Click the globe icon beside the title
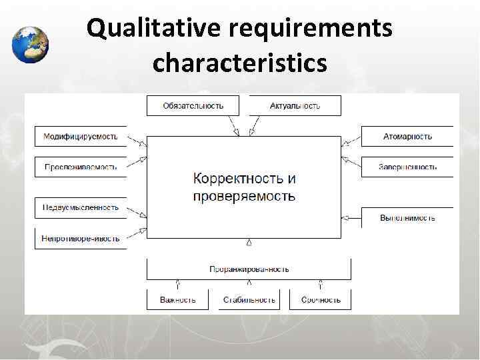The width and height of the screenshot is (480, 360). coord(30,44)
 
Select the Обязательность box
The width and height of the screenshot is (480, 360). coord(193,105)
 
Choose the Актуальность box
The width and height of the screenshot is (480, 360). coord(295,105)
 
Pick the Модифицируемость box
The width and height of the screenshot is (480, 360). coord(80,137)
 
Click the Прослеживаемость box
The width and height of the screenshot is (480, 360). coord(80,167)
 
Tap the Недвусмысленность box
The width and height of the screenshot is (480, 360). coord(80,207)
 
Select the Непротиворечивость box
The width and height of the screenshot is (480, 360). coord(80,238)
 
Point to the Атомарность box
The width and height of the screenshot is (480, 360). coord(407,137)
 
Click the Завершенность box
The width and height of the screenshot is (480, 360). coord(407,167)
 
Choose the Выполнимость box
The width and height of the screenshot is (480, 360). coord(407,217)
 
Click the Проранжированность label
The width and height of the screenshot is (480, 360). coord(249,269)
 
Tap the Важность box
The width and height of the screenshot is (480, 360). coord(177,299)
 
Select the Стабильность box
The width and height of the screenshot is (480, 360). coord(249,299)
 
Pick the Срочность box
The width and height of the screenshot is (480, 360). coord(321,299)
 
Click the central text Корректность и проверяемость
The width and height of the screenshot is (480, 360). coord(244,187)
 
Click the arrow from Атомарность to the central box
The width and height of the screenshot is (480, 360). coord(351,141)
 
